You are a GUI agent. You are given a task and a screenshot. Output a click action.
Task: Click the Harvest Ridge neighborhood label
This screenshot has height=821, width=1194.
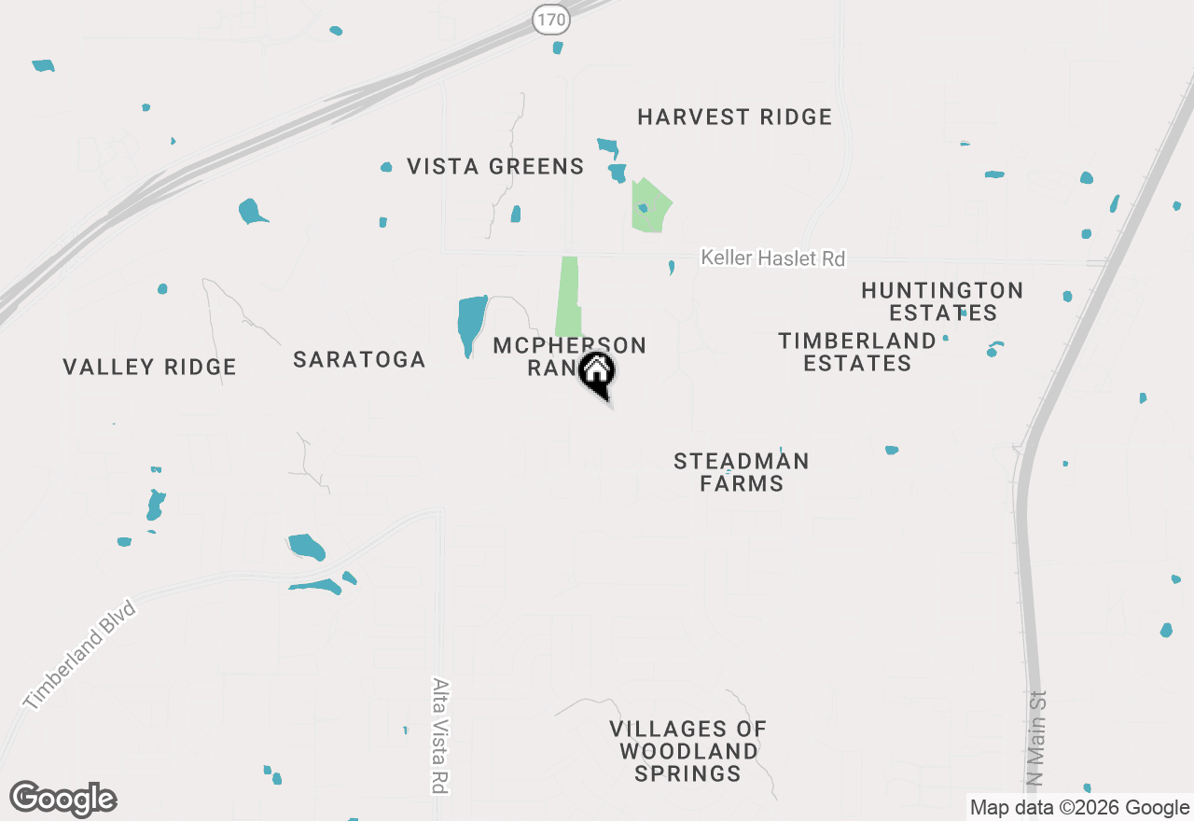[734, 117]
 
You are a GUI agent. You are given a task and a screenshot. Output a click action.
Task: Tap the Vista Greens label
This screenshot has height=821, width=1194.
[495, 167]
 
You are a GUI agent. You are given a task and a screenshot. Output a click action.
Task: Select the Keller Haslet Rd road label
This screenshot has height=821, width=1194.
[772, 257]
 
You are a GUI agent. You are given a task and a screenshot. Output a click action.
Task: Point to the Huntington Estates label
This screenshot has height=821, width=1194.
[942, 301]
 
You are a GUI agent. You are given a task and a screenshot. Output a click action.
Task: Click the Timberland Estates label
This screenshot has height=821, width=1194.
[857, 352]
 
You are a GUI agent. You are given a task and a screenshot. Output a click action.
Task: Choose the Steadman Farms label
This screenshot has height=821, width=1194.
[742, 472]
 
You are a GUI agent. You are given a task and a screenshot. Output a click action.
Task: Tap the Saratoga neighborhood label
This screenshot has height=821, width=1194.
[359, 359]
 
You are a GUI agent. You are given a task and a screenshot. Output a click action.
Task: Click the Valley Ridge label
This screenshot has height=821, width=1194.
[149, 367]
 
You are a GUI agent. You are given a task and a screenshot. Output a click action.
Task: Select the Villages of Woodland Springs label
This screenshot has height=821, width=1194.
[688, 751]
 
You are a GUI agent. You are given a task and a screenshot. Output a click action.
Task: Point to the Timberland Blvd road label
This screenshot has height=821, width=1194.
[80, 656]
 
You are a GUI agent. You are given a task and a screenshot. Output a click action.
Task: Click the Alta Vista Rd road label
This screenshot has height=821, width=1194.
[439, 735]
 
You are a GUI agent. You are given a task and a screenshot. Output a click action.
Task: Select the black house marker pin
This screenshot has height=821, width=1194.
[597, 372]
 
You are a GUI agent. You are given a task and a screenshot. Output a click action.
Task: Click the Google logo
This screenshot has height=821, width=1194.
[63, 799]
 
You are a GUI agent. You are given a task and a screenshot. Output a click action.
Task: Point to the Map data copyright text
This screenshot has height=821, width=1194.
[1079, 808]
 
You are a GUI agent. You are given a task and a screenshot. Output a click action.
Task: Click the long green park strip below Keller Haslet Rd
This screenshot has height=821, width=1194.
[567, 296]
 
